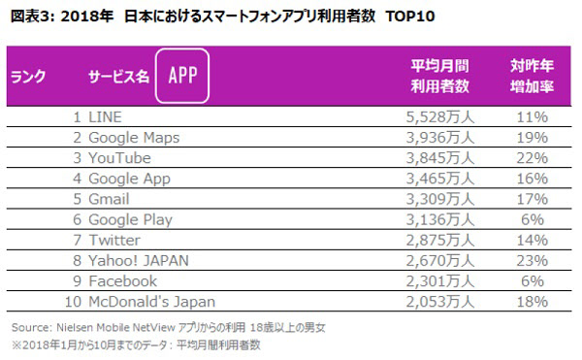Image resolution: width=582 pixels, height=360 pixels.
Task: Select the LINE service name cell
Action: (105, 115)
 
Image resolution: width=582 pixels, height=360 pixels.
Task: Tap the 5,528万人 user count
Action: (441, 115)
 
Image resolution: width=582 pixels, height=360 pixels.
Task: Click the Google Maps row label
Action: (133, 137)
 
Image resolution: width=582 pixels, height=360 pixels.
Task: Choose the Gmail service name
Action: (109, 198)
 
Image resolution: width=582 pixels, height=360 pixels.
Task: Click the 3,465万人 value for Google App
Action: (441, 178)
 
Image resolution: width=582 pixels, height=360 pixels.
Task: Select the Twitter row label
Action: (113, 239)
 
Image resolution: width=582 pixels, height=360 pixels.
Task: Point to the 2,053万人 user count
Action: (441, 300)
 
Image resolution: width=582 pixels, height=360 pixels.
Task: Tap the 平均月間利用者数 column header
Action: (439, 76)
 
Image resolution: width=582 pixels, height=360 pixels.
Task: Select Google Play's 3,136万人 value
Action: (441, 218)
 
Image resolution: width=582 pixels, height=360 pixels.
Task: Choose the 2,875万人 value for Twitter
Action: (441, 239)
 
